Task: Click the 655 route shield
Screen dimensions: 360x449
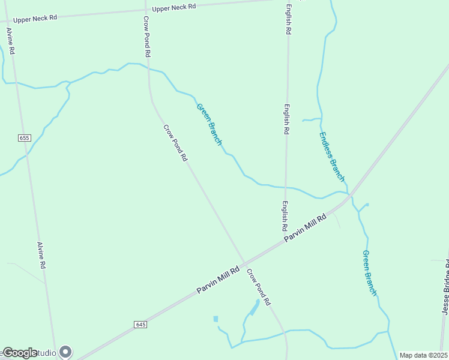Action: (x=24, y=138)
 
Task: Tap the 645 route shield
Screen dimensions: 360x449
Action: (x=140, y=325)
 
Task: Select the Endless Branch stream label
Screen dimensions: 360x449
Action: (x=332, y=156)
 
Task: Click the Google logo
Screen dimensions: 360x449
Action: (x=20, y=353)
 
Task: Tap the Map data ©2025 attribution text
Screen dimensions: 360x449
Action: (x=423, y=355)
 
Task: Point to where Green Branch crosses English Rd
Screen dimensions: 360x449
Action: (x=286, y=187)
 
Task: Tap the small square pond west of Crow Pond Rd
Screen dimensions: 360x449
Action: (x=215, y=319)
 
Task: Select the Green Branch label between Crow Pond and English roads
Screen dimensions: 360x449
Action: (x=209, y=124)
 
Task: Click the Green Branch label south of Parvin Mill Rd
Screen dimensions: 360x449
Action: (x=369, y=272)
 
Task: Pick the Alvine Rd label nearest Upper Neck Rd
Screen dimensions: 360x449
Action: (x=10, y=41)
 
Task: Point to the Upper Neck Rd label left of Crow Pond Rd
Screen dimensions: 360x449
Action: (x=35, y=18)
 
